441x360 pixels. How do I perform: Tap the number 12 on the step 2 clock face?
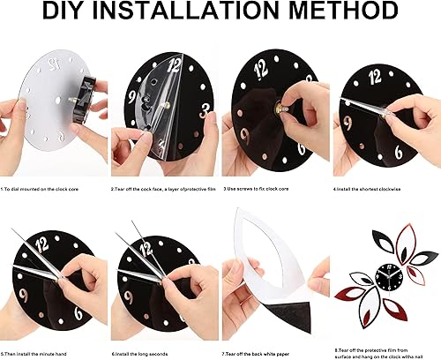point(174,64)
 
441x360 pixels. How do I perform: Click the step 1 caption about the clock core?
point(49,189)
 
